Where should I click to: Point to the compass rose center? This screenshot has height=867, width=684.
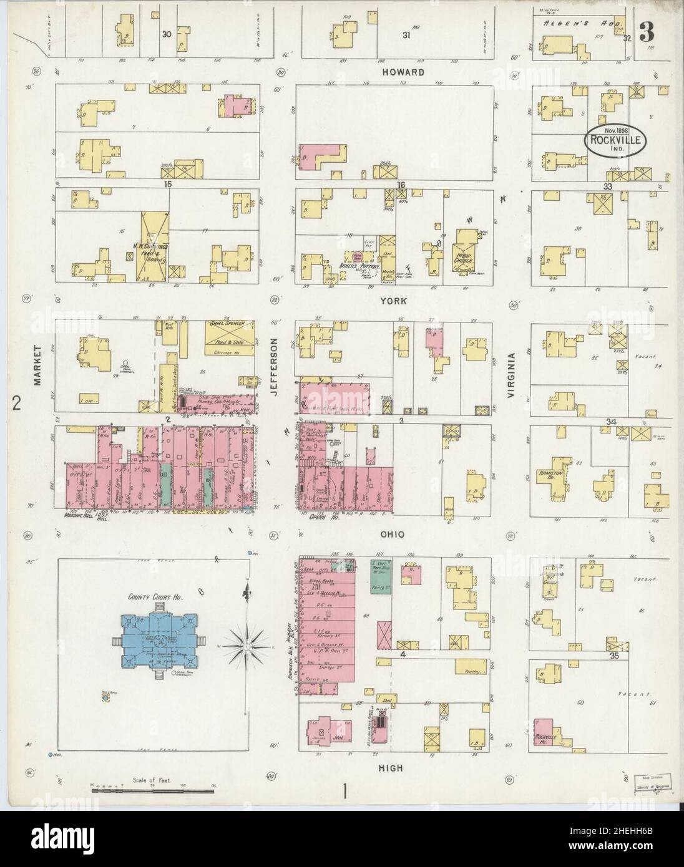click(x=248, y=649)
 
